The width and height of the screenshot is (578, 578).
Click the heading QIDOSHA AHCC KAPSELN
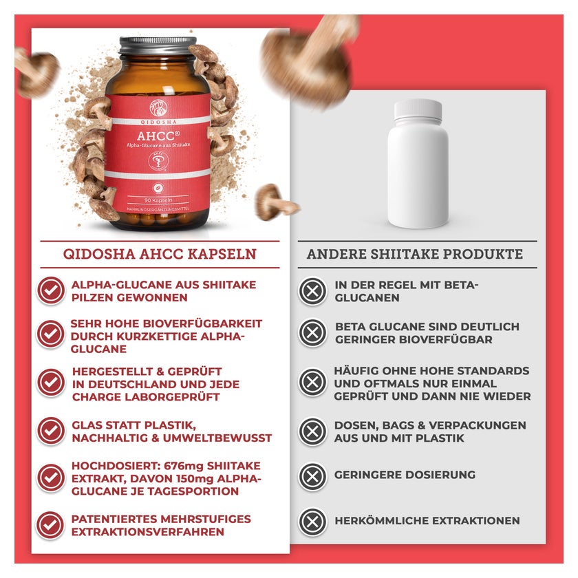[160, 255]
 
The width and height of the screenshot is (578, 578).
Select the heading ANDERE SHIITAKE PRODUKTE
[415, 255]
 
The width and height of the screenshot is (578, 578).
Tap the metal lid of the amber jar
[158, 45]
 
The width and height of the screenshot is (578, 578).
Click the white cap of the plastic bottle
[418, 111]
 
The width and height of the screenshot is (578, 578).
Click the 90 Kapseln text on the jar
[158, 200]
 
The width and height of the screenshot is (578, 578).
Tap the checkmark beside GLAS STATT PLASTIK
[51, 431]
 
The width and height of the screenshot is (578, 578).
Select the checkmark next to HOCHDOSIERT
[51, 478]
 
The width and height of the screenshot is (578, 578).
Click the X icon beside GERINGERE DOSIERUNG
[312, 476]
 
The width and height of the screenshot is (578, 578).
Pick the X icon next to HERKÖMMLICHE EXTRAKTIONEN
[312, 522]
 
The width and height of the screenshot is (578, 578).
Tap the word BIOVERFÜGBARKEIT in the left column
[202, 323]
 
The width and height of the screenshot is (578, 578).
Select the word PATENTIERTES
[116, 519]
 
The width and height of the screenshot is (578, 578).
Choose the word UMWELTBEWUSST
[217, 438]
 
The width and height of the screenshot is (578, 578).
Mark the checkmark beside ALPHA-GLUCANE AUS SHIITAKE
[51, 290]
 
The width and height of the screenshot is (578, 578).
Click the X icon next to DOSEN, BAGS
[312, 431]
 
